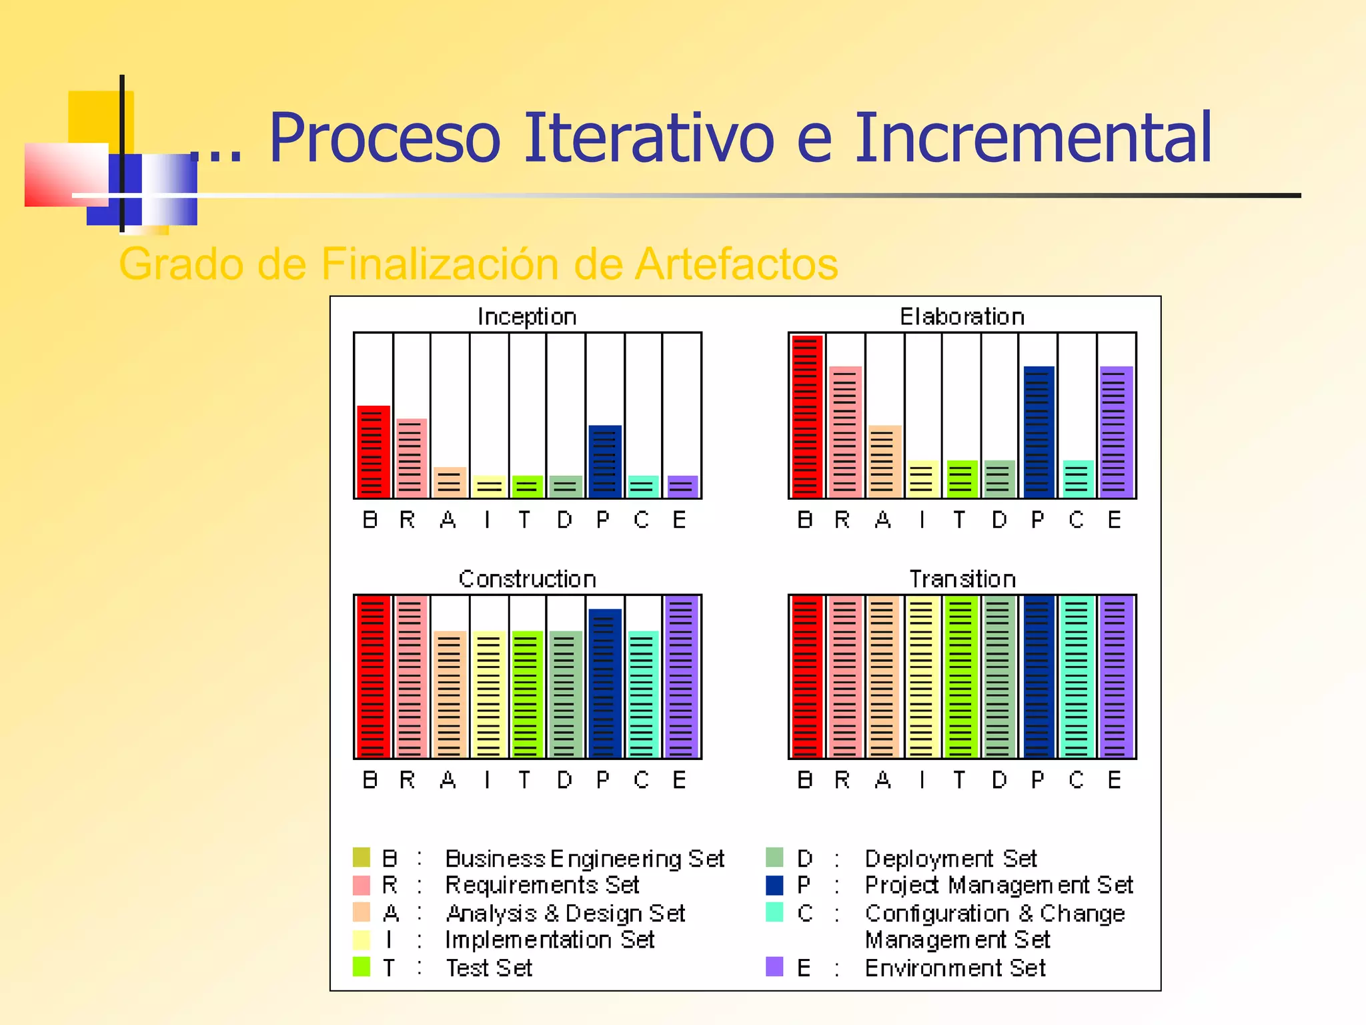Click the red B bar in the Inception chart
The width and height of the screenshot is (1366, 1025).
click(374, 452)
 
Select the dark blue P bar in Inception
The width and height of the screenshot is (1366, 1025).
click(605, 462)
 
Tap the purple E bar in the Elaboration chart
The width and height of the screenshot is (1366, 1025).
click(1116, 432)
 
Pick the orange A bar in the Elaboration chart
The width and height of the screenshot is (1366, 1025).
click(884, 462)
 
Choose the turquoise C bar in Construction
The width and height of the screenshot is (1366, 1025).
click(643, 694)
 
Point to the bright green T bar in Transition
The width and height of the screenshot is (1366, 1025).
click(960, 677)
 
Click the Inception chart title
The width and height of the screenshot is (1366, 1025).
click(527, 316)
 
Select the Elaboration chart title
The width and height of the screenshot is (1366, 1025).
click(962, 316)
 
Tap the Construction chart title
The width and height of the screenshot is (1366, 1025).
click(527, 579)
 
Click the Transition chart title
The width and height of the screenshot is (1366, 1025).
click(962, 579)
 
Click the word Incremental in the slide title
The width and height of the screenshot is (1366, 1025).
click(1033, 138)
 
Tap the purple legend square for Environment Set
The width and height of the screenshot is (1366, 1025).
click(774, 966)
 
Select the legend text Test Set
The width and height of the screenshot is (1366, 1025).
click(489, 968)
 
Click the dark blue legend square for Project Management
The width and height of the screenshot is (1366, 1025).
click(774, 885)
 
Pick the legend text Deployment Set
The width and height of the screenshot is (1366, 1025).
click(950, 859)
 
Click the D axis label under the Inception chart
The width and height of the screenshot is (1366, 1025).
click(564, 519)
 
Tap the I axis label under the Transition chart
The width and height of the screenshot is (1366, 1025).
click(922, 779)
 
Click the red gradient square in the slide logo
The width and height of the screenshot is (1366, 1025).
click(65, 175)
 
